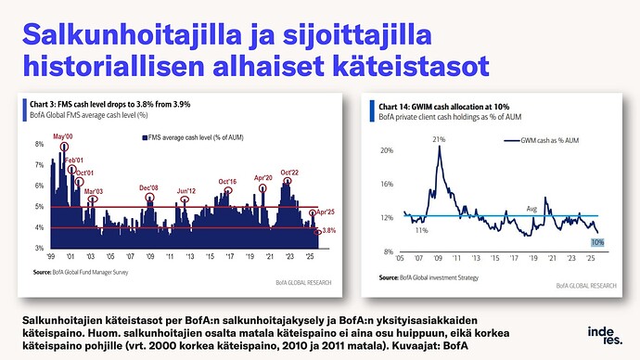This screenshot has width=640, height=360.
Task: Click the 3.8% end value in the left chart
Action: click(x=327, y=230)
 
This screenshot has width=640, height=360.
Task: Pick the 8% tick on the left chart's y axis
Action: click(x=40, y=145)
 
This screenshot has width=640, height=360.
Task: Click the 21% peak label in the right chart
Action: click(x=440, y=138)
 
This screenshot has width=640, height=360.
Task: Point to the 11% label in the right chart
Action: click(x=421, y=229)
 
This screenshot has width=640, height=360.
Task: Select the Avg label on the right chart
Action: click(x=531, y=208)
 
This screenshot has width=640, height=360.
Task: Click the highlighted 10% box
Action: click(x=597, y=242)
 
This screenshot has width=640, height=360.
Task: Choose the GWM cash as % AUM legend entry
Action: click(x=547, y=140)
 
